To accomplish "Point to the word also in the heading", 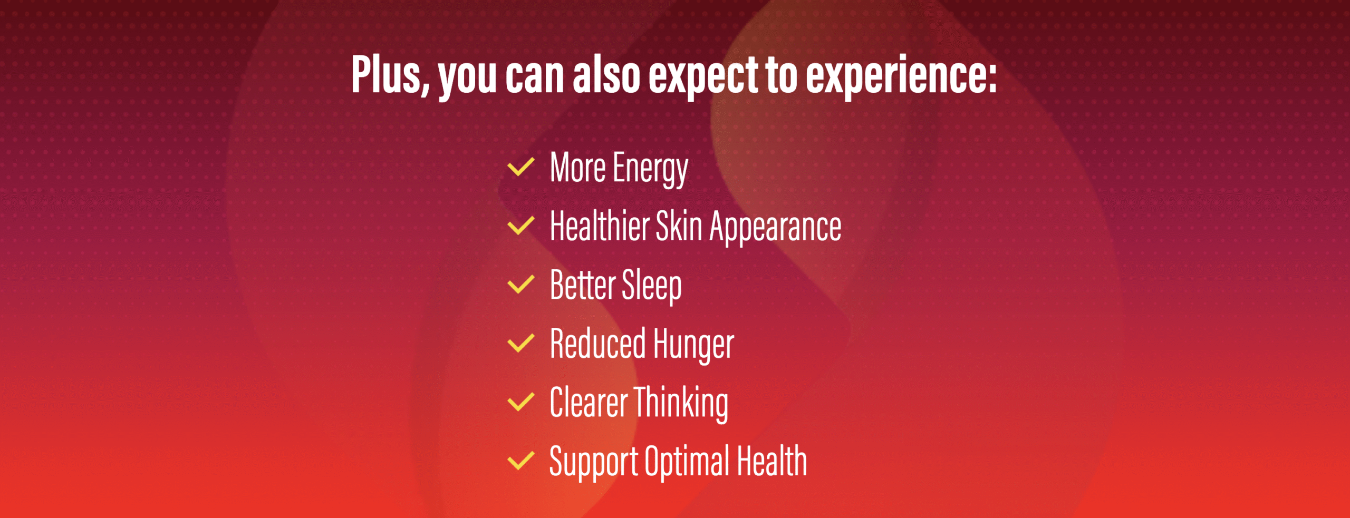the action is pos(606,75).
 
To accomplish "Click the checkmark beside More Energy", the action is pos(521,167).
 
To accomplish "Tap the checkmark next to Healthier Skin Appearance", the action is pos(521,226).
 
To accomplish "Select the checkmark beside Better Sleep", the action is pos(521,285).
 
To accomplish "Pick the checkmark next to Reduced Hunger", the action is pos(521,343).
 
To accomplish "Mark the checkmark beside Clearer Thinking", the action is pos(521,402).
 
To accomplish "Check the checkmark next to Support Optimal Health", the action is pos(521,461).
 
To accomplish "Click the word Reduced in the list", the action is pos(598,343).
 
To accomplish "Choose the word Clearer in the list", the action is pos(589,402).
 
